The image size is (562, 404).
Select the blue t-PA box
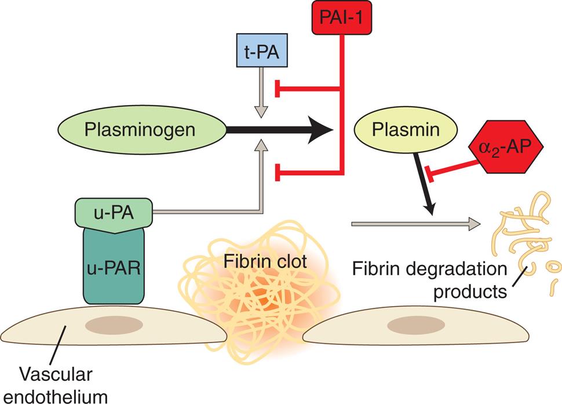coord(262,50)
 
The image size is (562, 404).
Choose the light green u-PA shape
coord(113,213)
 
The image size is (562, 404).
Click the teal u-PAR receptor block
coord(114,267)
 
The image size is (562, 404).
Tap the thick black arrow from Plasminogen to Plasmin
coord(278,130)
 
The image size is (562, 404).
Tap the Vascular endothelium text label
coord(58,383)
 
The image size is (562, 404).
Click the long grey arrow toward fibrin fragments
coord(414,223)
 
